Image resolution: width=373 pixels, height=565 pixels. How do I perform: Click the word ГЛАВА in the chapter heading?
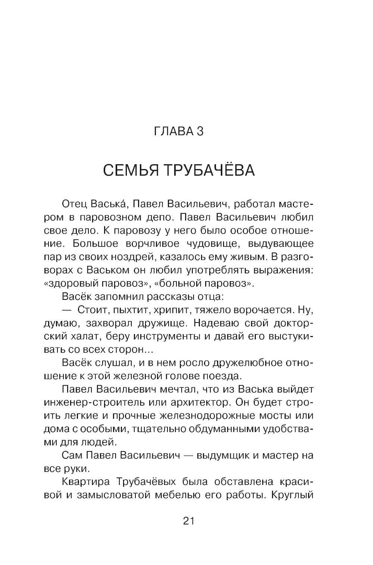click(x=171, y=131)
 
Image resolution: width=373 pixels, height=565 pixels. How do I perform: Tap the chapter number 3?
click(x=200, y=131)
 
